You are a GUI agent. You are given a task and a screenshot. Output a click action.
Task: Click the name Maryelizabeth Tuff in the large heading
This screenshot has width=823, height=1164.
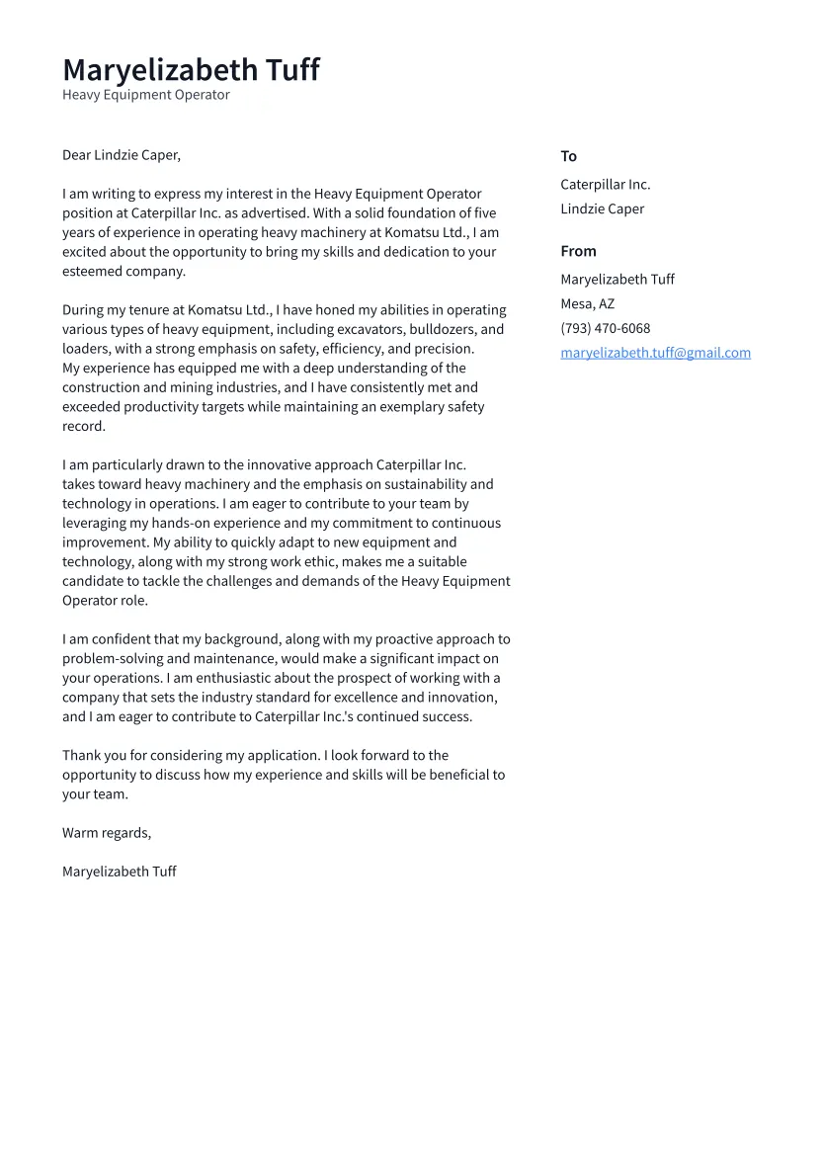pos(191,70)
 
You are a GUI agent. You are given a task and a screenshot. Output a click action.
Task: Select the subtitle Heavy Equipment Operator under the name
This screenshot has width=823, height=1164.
pos(145,95)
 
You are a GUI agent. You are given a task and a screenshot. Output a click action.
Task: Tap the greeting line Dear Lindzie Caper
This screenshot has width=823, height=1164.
pos(121,155)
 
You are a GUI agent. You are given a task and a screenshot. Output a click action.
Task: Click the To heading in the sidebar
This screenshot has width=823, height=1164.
pos(568,156)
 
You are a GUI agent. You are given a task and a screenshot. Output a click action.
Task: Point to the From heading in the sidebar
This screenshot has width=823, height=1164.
pos(578,251)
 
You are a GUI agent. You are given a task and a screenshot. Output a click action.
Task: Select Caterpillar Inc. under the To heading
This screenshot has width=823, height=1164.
pos(605,185)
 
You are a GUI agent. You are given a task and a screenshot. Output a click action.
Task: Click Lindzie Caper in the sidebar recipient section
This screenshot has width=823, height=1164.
pos(602,208)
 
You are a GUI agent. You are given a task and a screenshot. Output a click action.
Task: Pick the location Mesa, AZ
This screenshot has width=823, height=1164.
pos(587,303)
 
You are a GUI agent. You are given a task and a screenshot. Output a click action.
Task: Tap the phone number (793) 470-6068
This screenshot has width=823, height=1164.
pos(605,328)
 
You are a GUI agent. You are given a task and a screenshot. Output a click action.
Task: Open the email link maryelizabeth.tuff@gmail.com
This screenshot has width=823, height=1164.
pos(655,353)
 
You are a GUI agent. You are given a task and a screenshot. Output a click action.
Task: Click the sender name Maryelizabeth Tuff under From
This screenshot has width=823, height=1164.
pos(617,279)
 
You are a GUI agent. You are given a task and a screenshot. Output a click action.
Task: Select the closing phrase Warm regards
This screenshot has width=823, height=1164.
pos(106,833)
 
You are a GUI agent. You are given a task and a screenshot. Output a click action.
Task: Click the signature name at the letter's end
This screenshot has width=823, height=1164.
pos(119,872)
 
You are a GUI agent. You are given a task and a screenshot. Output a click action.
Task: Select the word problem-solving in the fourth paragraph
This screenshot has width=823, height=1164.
pos(110,659)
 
